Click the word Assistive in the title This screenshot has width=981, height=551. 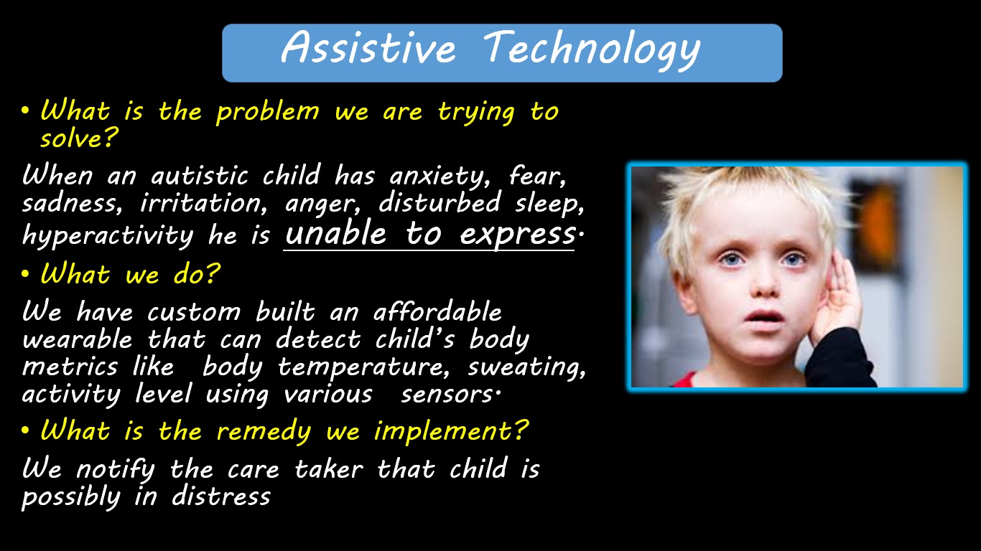coord(368,47)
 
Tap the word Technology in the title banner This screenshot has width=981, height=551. coord(592,51)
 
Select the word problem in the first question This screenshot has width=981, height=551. coord(268,113)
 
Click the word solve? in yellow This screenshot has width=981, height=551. coord(79,138)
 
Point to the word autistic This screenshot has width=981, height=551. coord(199,176)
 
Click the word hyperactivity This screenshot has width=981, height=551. coord(108,235)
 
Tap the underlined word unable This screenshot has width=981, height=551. coord(335,232)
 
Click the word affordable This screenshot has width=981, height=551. coord(437,311)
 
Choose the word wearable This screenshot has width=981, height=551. coord(77,339)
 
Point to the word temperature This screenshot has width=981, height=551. coord(364,367)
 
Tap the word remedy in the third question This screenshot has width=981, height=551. coord(264,432)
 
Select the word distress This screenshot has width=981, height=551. coord(221,496)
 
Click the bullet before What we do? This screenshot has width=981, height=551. coord(25,274)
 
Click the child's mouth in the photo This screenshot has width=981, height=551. coord(764,316)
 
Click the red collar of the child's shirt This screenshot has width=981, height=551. coord(684,380)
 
